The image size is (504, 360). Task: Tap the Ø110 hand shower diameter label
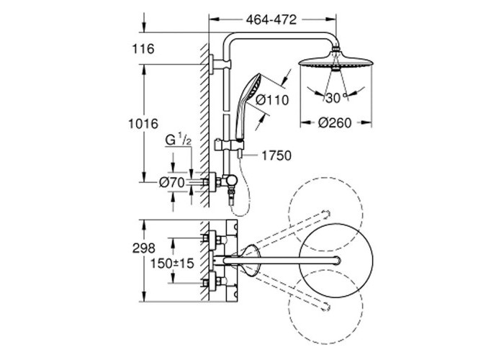pos(273,101)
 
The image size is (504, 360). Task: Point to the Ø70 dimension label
pos(171,183)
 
